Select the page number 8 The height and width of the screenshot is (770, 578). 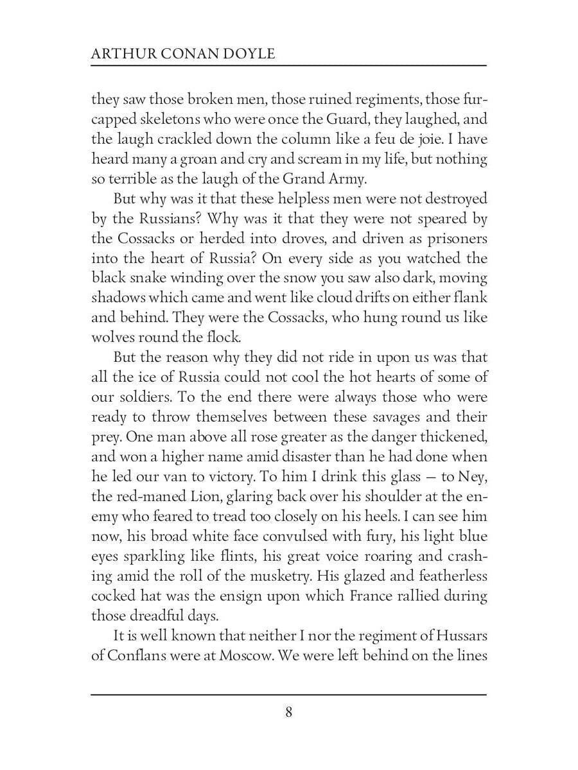pos(289,712)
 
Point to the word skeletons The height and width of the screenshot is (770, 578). pos(166,119)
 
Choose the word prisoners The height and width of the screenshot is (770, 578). pos(453,239)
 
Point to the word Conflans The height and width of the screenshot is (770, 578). pos(140,656)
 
